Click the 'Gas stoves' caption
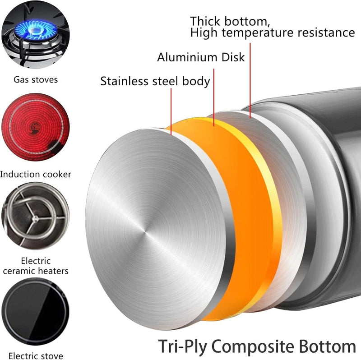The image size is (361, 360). [36, 80]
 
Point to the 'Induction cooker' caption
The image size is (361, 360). [36, 174]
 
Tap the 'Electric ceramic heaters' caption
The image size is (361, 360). [36, 266]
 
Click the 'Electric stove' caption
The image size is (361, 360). [36, 355]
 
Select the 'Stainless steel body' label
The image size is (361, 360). [155, 81]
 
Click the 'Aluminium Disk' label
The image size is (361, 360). [201, 57]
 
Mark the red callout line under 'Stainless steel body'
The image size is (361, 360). [171, 108]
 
